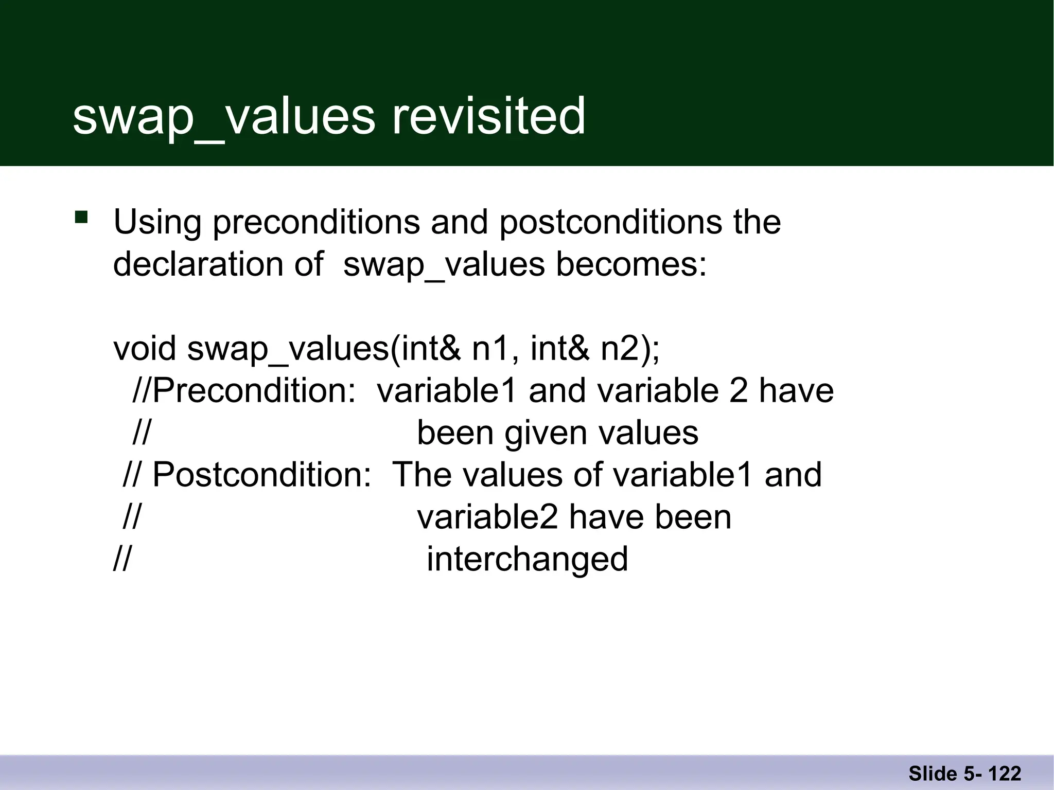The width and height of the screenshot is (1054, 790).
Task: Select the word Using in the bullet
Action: (157, 223)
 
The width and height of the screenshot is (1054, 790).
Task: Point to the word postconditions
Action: (611, 223)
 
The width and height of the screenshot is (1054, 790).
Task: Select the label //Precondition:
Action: (244, 390)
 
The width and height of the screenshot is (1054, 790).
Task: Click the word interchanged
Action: (527, 559)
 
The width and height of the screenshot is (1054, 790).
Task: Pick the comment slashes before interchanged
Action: (122, 559)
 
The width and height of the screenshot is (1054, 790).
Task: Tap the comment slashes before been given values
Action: (141, 433)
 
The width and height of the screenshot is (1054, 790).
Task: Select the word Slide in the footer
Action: (932, 774)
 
